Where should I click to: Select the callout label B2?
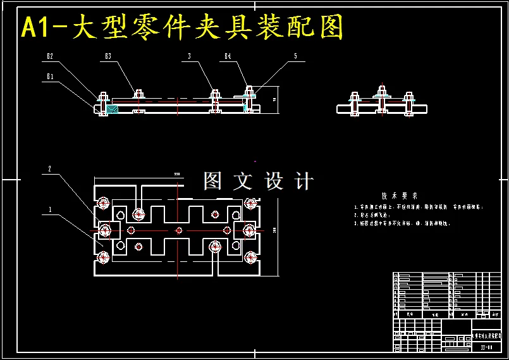tap(49, 56)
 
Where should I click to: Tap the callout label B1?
tap(49, 77)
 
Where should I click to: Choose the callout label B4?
tap(228, 56)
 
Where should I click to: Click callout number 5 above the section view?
tap(295, 56)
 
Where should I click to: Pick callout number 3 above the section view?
tap(189, 56)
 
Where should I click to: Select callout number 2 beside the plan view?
tap(49, 169)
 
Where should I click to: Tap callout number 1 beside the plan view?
tap(49, 208)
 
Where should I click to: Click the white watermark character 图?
tap(212, 181)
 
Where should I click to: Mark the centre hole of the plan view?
tap(178, 230)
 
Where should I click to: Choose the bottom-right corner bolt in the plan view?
tap(251, 257)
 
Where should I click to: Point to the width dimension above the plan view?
tap(177, 173)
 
